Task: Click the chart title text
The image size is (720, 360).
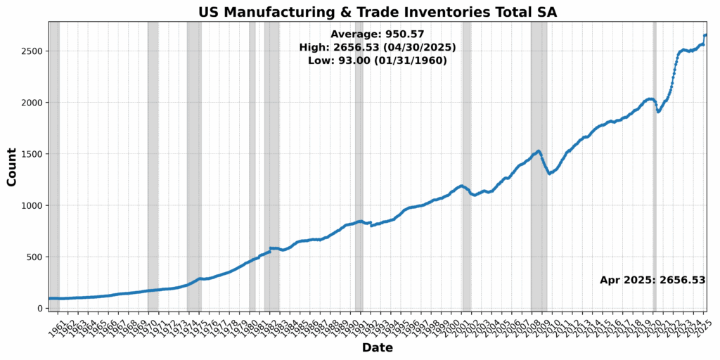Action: tap(377, 11)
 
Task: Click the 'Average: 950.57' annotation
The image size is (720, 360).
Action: tap(377, 34)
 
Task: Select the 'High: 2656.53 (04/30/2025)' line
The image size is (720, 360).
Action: tap(377, 47)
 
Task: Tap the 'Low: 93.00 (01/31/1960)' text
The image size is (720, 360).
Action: tap(377, 60)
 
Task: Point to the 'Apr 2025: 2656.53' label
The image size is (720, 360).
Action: tap(652, 280)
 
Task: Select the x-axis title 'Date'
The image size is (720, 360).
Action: tap(377, 347)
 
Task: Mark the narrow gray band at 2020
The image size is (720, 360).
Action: tap(655, 211)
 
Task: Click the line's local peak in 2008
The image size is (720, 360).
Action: tap(539, 151)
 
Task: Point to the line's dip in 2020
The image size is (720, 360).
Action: tap(658, 111)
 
